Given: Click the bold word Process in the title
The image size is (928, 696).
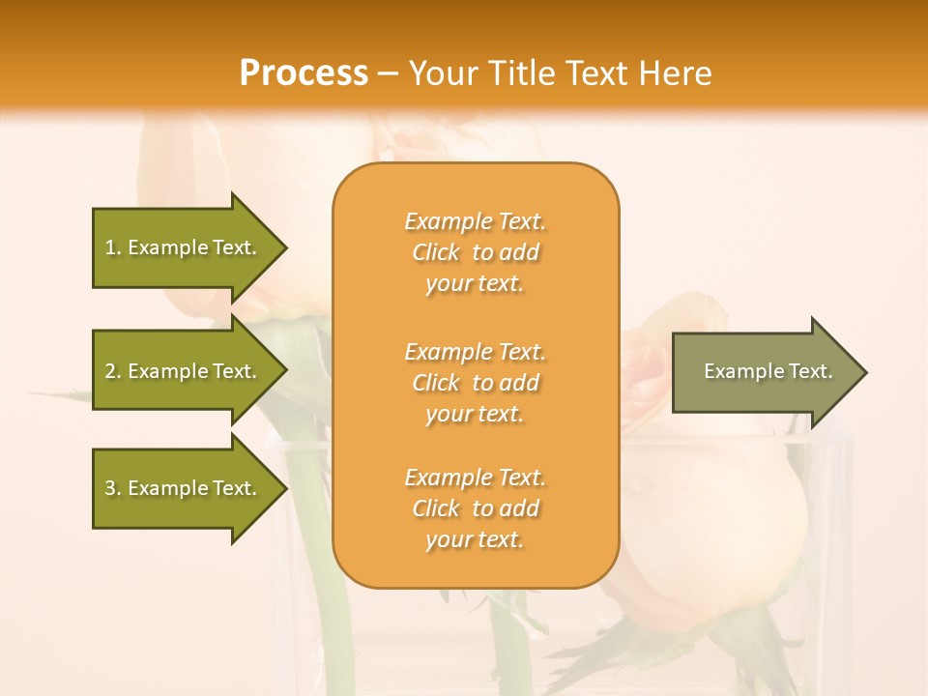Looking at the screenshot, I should coord(304,73).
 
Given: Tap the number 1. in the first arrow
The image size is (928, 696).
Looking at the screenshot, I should coord(114,247).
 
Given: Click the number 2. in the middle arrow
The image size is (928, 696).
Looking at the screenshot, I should coord(114,371).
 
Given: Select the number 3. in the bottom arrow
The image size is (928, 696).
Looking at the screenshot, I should coord(114,488).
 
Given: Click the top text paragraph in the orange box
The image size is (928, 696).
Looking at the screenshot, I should coord(475,252).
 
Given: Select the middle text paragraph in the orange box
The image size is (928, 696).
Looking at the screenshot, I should coord(475,383).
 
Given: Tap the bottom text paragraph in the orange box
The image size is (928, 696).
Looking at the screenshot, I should coord(475,508).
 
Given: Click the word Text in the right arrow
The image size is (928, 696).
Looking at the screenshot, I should coord(810,371).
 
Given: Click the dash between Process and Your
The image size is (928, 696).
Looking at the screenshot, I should coord(389,73).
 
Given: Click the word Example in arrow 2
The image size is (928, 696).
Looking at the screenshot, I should coord(168,371).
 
